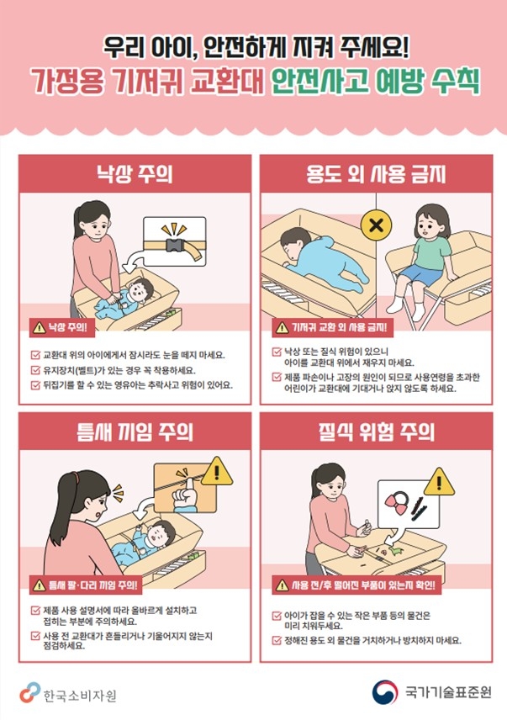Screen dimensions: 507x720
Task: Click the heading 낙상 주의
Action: (x=135, y=174)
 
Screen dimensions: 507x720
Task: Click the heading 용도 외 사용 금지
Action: (x=376, y=174)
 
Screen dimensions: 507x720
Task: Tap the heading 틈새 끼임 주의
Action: (x=135, y=431)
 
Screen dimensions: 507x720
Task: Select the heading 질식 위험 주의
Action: (x=376, y=431)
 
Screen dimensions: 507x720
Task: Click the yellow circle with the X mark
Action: (x=376, y=225)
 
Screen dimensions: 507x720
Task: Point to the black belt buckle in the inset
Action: (x=176, y=246)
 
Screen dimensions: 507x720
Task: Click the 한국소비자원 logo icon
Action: (x=29, y=692)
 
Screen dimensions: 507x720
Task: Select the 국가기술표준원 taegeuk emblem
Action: (x=384, y=692)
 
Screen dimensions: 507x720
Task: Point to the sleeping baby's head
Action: (x=293, y=243)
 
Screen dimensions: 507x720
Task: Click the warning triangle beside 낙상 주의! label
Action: (x=40, y=327)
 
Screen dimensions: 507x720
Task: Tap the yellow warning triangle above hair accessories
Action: (x=439, y=482)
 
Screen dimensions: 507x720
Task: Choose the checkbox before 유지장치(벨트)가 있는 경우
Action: (x=35, y=370)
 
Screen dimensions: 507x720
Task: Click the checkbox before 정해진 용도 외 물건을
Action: (x=277, y=640)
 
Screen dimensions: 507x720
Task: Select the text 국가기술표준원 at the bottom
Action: (x=448, y=692)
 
